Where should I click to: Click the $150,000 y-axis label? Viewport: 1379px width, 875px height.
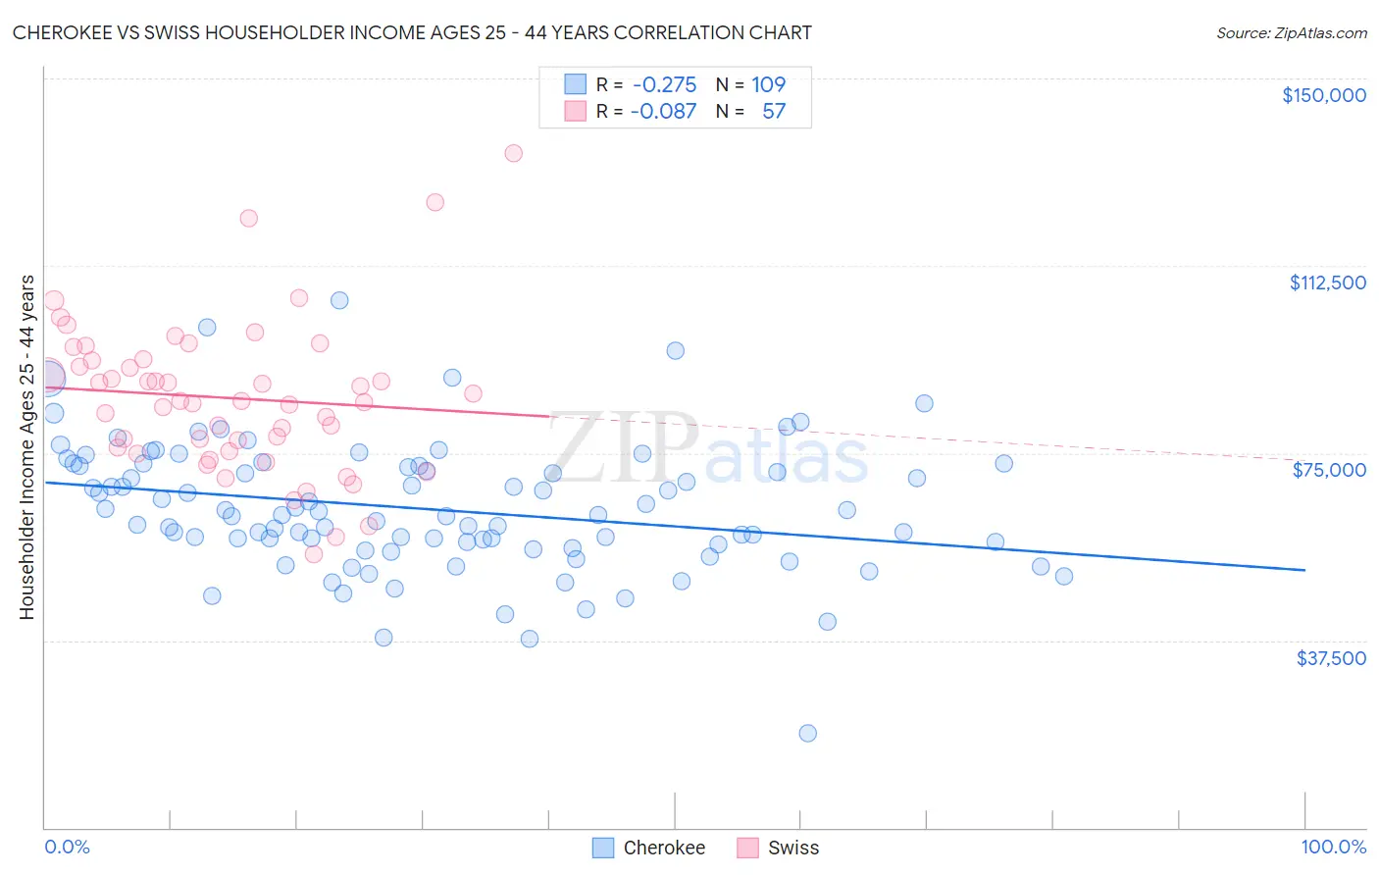[1323, 95]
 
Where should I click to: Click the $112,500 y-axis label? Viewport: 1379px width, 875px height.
[1327, 283]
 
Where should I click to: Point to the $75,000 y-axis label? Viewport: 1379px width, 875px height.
[1329, 470]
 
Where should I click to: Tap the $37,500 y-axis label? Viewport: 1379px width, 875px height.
[1331, 658]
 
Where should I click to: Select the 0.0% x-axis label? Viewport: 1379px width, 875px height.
[67, 848]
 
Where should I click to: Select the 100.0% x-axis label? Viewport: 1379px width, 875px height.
[1333, 848]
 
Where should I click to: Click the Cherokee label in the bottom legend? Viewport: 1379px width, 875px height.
[664, 848]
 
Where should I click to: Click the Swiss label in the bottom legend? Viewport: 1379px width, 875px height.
[793, 848]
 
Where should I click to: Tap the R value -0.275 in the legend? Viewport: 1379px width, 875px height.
[664, 84]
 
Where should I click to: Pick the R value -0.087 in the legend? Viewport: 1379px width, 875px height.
[663, 111]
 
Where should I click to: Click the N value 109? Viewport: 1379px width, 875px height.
[768, 84]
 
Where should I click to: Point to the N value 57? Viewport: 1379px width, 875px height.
[774, 111]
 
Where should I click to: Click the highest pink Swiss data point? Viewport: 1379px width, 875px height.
[513, 153]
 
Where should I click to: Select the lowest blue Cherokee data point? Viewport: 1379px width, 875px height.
[807, 733]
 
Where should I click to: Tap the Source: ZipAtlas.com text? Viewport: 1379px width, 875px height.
[1291, 32]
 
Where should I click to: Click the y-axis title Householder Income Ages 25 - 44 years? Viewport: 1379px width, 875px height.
[26, 447]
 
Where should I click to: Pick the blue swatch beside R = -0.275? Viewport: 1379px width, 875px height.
[575, 84]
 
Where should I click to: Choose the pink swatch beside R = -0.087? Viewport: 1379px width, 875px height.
[575, 111]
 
